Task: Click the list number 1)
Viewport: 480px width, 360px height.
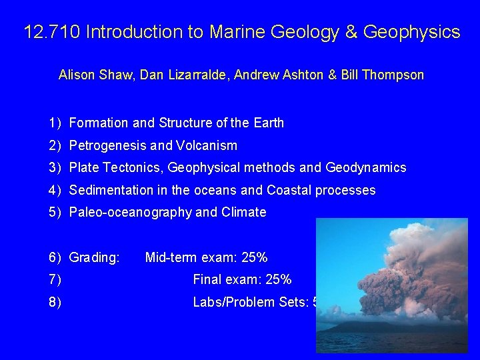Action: point(55,123)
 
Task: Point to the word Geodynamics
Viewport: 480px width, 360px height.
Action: point(366,168)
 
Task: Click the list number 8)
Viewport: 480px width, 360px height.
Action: point(55,303)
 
